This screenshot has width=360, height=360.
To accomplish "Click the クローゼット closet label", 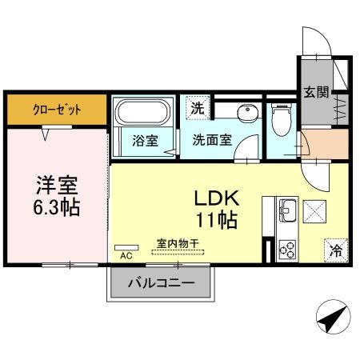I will (57, 110).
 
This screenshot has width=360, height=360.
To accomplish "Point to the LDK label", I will (213, 198).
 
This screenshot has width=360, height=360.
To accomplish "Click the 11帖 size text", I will (214, 220).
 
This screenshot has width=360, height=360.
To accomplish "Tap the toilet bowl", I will (280, 120).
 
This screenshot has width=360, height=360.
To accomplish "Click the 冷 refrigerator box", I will (334, 249).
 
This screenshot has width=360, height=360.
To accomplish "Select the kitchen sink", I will (287, 213).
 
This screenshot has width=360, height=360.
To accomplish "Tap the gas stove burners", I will (286, 249).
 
